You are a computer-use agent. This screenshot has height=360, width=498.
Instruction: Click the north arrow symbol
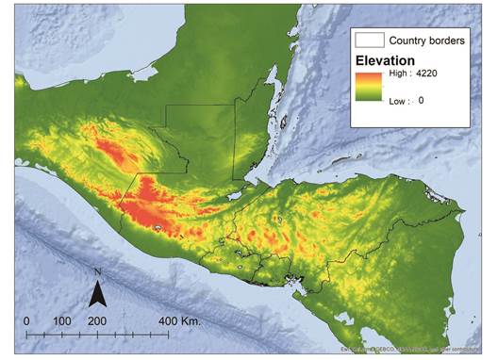(97, 296)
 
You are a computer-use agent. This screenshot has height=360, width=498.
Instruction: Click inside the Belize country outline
(247, 141)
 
